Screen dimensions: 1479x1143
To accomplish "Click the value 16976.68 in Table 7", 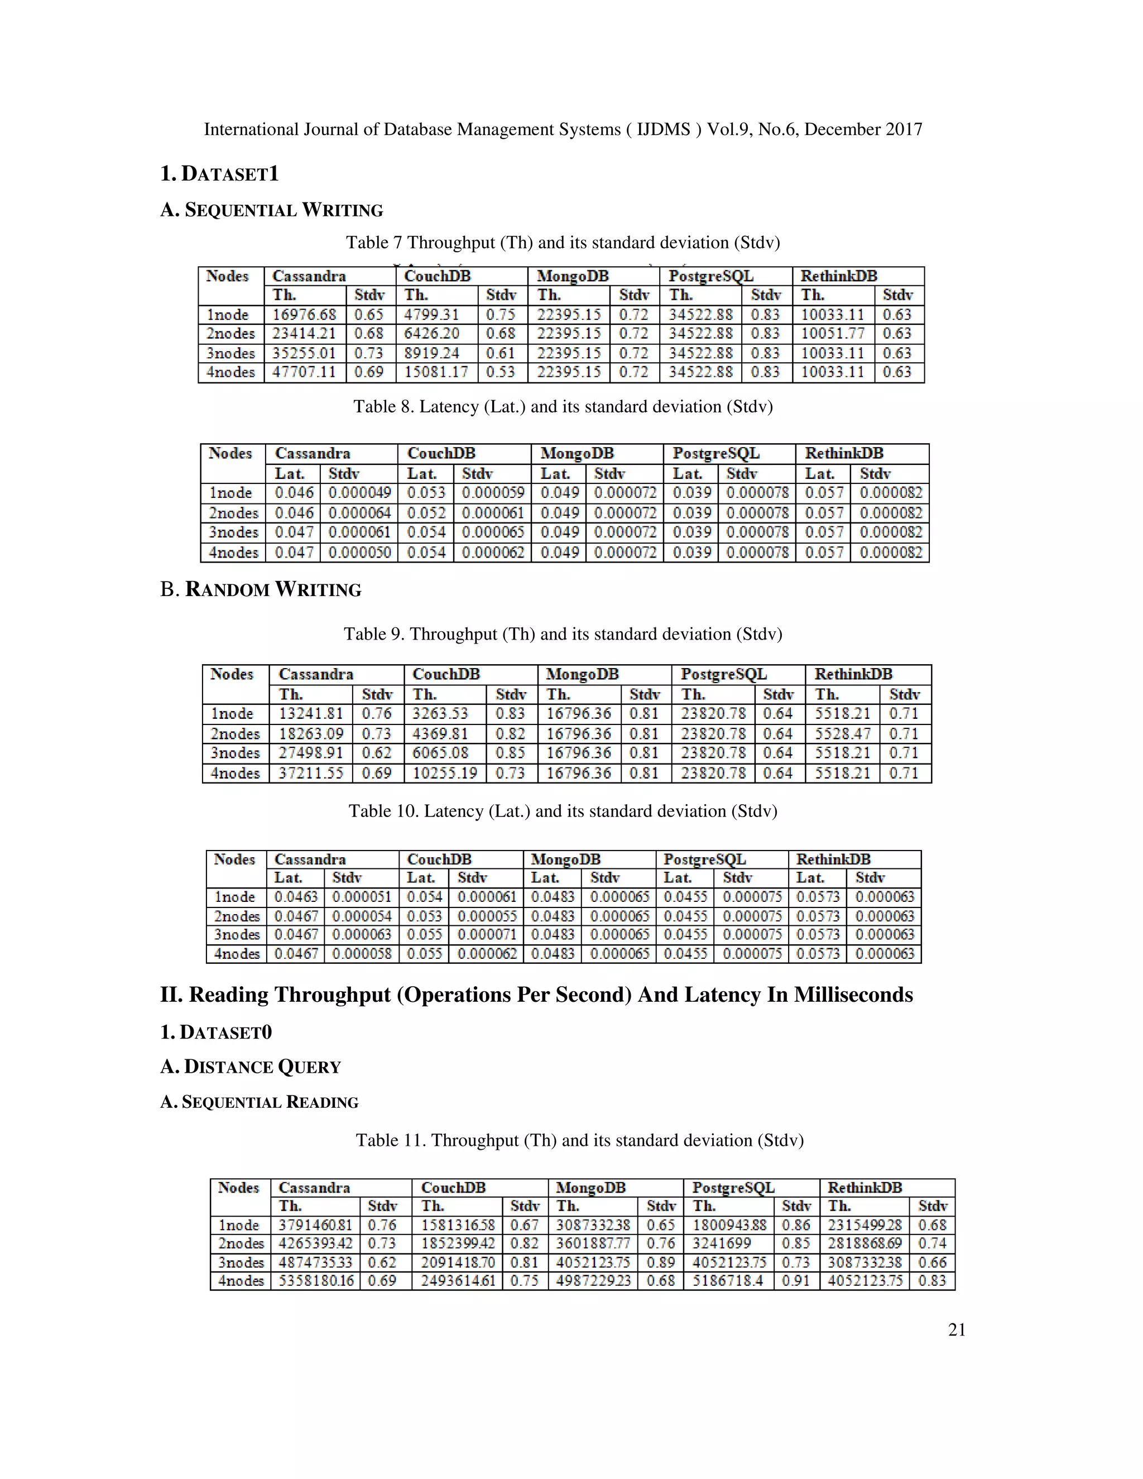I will [304, 315].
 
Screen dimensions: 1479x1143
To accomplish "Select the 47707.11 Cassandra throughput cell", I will [304, 372].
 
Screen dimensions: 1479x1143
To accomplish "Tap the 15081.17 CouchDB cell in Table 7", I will [436, 372].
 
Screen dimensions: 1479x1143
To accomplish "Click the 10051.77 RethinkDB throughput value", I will [832, 334].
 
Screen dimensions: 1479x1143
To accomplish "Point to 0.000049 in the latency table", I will [359, 493].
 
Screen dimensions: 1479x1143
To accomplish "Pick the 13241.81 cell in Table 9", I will [311, 714].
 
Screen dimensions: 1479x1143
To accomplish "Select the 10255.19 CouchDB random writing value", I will [445, 774].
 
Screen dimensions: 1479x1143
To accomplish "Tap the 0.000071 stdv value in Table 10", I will [486, 935].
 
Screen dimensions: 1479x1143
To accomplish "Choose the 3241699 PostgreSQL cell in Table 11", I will [721, 1244].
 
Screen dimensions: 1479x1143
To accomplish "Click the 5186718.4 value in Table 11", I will [727, 1281].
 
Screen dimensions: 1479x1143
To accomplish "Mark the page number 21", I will [957, 1331].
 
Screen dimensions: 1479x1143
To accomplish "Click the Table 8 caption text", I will [563, 407].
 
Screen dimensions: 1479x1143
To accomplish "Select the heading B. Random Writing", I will [261, 590].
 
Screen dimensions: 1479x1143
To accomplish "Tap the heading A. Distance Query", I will [251, 1067].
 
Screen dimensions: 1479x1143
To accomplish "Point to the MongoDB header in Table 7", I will [573, 276].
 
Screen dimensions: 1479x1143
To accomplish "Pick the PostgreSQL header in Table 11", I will [733, 1188].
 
